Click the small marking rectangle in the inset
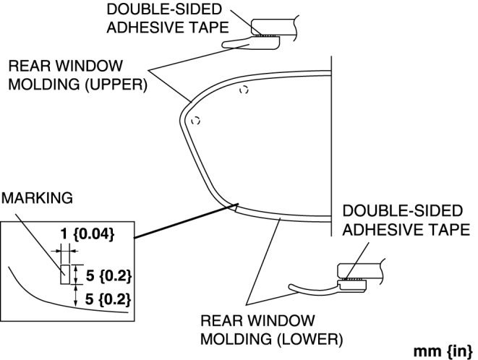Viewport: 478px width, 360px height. pos(64,274)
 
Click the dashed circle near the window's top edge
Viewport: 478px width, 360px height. pos(244,90)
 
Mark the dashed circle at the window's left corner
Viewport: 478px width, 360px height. pos(195,121)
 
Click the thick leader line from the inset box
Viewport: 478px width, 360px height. pos(181,225)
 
